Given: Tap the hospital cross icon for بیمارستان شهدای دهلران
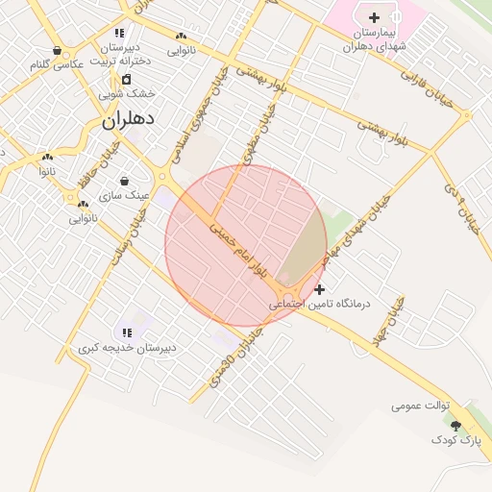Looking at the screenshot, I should (374, 17).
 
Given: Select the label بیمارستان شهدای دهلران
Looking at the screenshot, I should (375, 38).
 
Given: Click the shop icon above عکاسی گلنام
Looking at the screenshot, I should (58, 51).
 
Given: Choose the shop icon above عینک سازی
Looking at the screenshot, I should (124, 181).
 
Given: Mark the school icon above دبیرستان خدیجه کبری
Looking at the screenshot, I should (127, 332).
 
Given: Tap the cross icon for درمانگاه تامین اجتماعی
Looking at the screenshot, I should (319, 288).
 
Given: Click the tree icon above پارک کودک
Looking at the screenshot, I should (455, 425).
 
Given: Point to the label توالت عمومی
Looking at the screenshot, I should (421, 406).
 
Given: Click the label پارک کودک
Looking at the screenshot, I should (455, 439).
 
